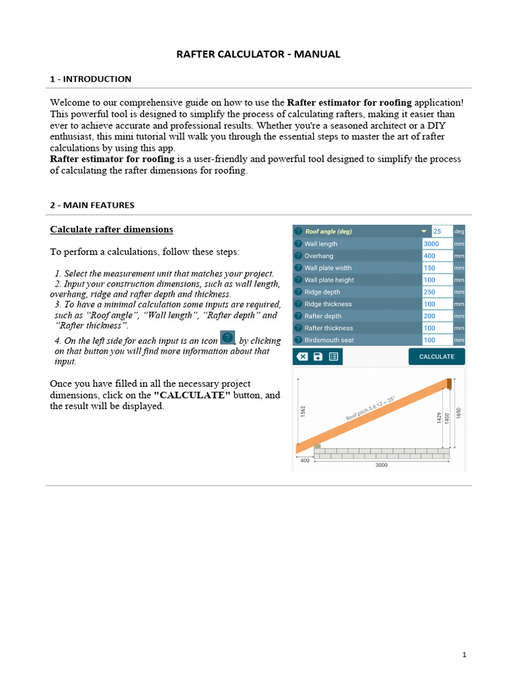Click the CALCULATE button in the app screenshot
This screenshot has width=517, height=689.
click(436, 357)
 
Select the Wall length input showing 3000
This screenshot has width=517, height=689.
click(437, 244)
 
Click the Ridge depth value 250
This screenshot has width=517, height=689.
click(437, 292)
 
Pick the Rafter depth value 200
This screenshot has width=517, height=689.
click(437, 316)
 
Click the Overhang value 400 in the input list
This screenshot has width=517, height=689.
click(437, 256)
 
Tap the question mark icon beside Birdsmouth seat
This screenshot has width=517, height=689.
click(298, 340)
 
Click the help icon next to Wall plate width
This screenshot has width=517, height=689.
click(298, 268)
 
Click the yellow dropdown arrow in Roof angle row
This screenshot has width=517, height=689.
click(424, 231)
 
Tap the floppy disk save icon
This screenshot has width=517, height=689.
click(318, 357)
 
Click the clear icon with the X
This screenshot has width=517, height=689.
click(302, 357)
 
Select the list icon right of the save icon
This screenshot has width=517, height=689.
click(333, 357)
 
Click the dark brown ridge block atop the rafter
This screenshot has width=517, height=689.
click(450, 384)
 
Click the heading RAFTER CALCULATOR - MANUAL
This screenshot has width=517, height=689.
click(258, 55)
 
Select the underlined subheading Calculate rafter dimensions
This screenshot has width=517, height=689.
click(111, 229)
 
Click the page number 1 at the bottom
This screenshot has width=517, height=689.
click(464, 655)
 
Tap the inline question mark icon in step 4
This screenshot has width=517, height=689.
click(228, 338)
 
